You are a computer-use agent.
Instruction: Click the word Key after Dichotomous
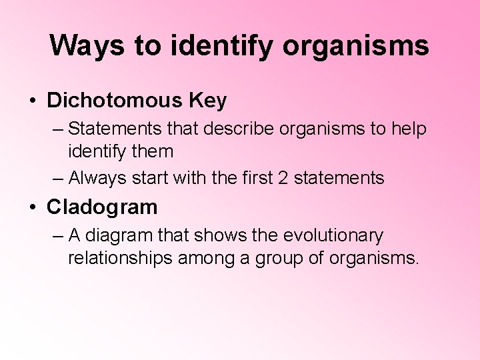[x=208, y=101]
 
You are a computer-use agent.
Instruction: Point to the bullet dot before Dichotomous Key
[x=32, y=101]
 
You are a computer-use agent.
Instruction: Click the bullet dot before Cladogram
[x=32, y=207]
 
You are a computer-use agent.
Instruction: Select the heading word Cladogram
[x=102, y=207]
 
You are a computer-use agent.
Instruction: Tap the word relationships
[x=120, y=258]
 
